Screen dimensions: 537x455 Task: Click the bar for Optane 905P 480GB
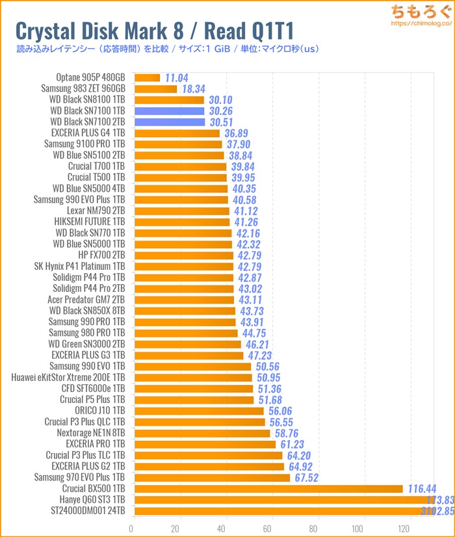146,78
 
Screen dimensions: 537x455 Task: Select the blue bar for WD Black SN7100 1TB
169,111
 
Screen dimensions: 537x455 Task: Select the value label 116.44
425,488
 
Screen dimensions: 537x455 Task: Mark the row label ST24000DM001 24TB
86,510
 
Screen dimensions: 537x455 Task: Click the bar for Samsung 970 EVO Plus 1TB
211,477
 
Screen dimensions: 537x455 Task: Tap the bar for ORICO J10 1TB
198,411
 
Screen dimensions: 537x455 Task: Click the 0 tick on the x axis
132,529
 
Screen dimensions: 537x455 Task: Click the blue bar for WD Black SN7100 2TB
169,122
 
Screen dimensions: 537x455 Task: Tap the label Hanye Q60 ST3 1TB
91,499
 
